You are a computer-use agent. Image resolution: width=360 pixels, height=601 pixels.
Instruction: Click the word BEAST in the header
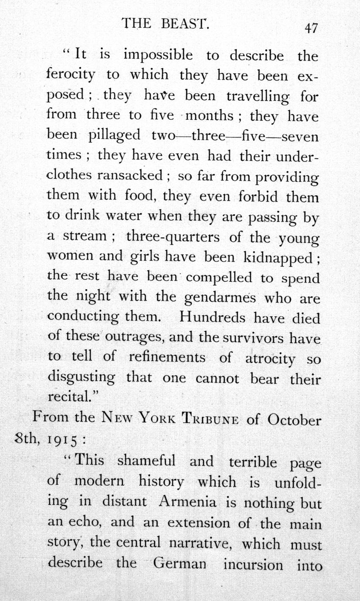[185, 23]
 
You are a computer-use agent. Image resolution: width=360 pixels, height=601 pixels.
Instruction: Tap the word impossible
[158, 55]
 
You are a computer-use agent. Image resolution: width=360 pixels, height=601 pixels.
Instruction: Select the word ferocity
[70, 75]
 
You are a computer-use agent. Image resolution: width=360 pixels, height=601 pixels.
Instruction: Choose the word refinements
[167, 358]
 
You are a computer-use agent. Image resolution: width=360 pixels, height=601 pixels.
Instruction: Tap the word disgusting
[82, 378]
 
